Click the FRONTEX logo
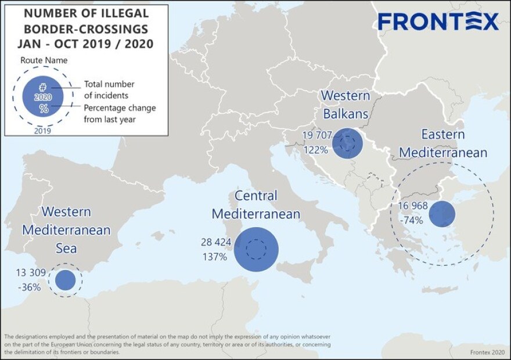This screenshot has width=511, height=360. [x=438, y=22]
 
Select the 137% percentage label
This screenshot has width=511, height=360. [x=214, y=256]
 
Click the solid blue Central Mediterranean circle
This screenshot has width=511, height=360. [x=256, y=249]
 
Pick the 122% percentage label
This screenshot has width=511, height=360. [x=315, y=149]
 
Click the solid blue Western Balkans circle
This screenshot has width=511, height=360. [x=347, y=143]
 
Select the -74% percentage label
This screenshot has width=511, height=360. [x=411, y=220]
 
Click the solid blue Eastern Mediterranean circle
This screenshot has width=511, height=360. [x=442, y=214]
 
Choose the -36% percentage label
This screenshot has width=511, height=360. [x=29, y=287]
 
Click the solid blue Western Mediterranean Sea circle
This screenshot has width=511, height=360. [x=65, y=280]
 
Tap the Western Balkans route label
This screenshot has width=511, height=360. [x=345, y=104]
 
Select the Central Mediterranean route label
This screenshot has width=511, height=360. [x=256, y=205]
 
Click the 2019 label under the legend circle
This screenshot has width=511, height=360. [x=43, y=131]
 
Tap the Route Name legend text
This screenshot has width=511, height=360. [x=44, y=60]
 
